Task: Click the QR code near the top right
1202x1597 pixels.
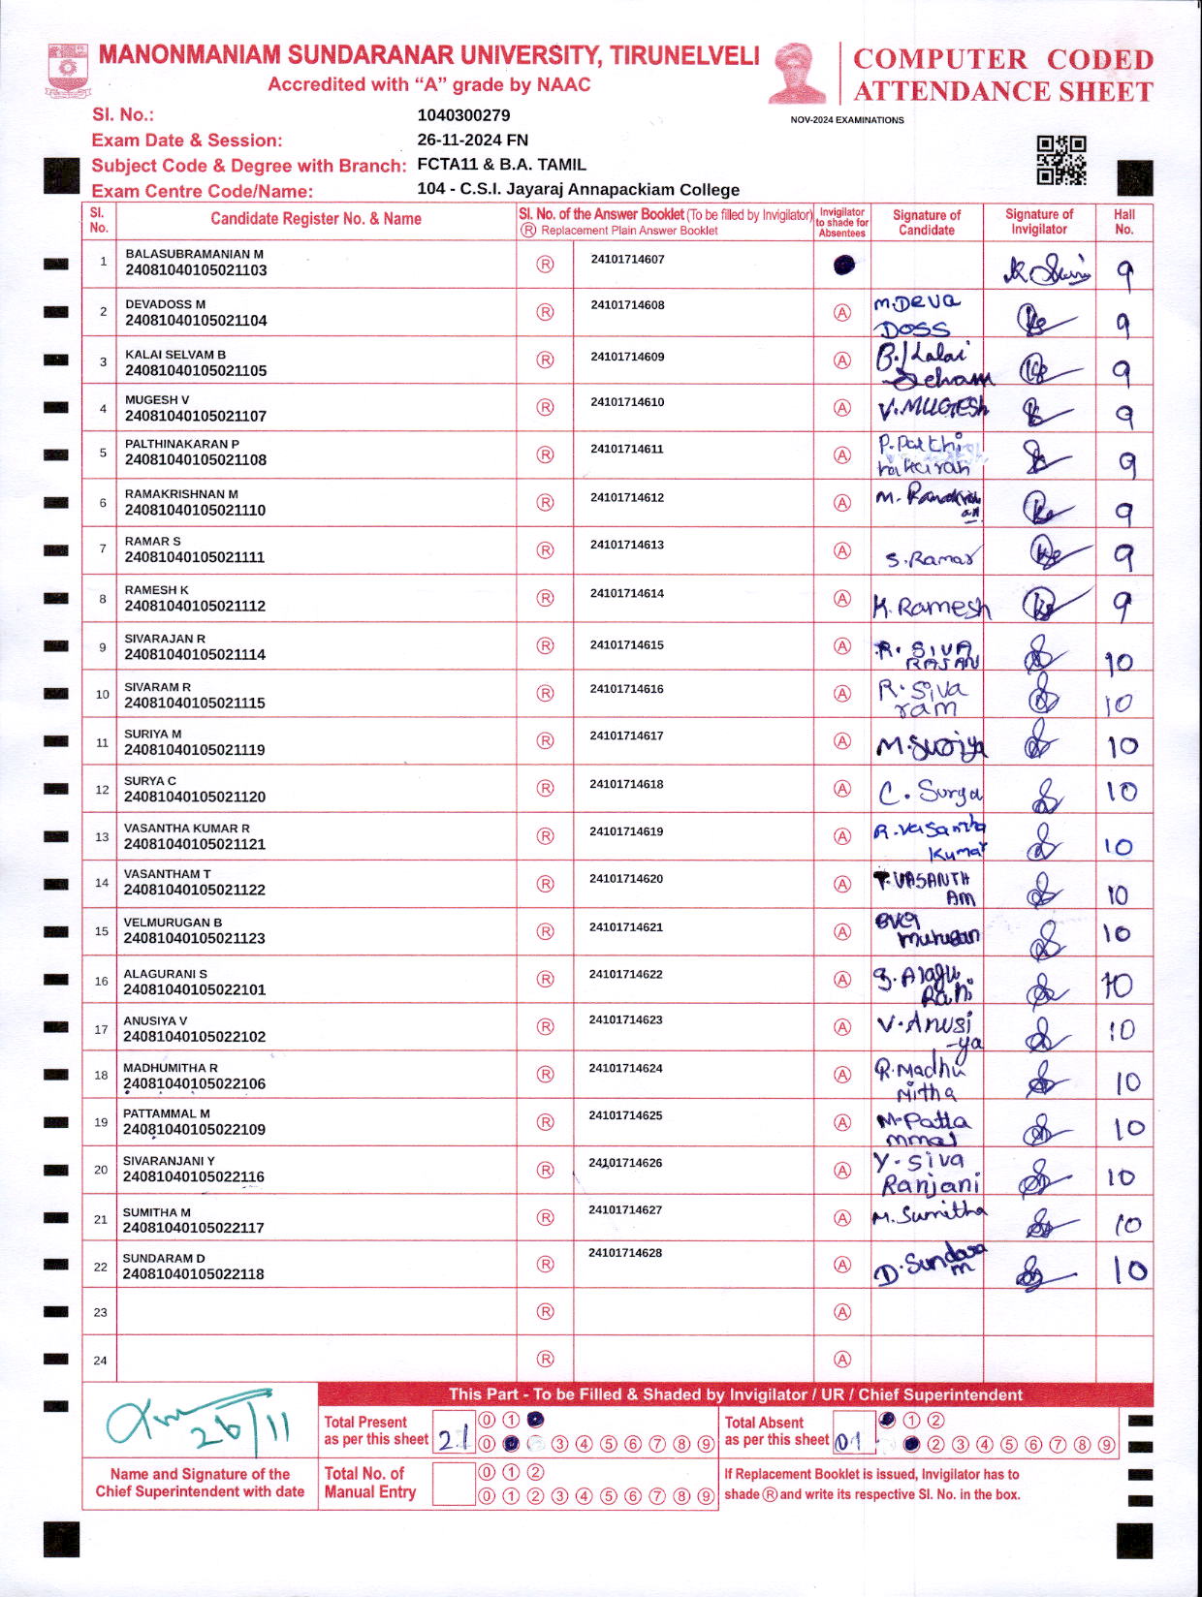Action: pyautogui.click(x=1061, y=160)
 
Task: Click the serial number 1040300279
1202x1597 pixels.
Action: pyautogui.click(x=463, y=115)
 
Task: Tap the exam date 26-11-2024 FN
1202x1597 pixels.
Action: pyautogui.click(x=472, y=140)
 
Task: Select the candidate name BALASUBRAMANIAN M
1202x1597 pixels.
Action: pyautogui.click(x=194, y=254)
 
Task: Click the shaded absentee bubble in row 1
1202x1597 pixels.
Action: pyautogui.click(x=843, y=265)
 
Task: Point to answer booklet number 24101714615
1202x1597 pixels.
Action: pyautogui.click(x=626, y=645)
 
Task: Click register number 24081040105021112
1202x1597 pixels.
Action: pyautogui.click(x=195, y=607)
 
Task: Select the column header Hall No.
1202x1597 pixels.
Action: pyautogui.click(x=1123, y=222)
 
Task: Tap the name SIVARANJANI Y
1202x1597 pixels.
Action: pyautogui.click(x=169, y=1161)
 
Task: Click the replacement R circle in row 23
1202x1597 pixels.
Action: pyautogui.click(x=546, y=1312)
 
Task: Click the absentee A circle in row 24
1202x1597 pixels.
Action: pyautogui.click(x=842, y=1360)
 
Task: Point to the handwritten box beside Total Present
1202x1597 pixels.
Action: pyautogui.click(x=453, y=1440)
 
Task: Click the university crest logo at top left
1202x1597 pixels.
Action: pyautogui.click(x=68, y=70)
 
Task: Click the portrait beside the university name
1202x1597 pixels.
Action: pyautogui.click(x=797, y=72)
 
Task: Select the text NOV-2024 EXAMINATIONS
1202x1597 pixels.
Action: pyautogui.click(x=847, y=120)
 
